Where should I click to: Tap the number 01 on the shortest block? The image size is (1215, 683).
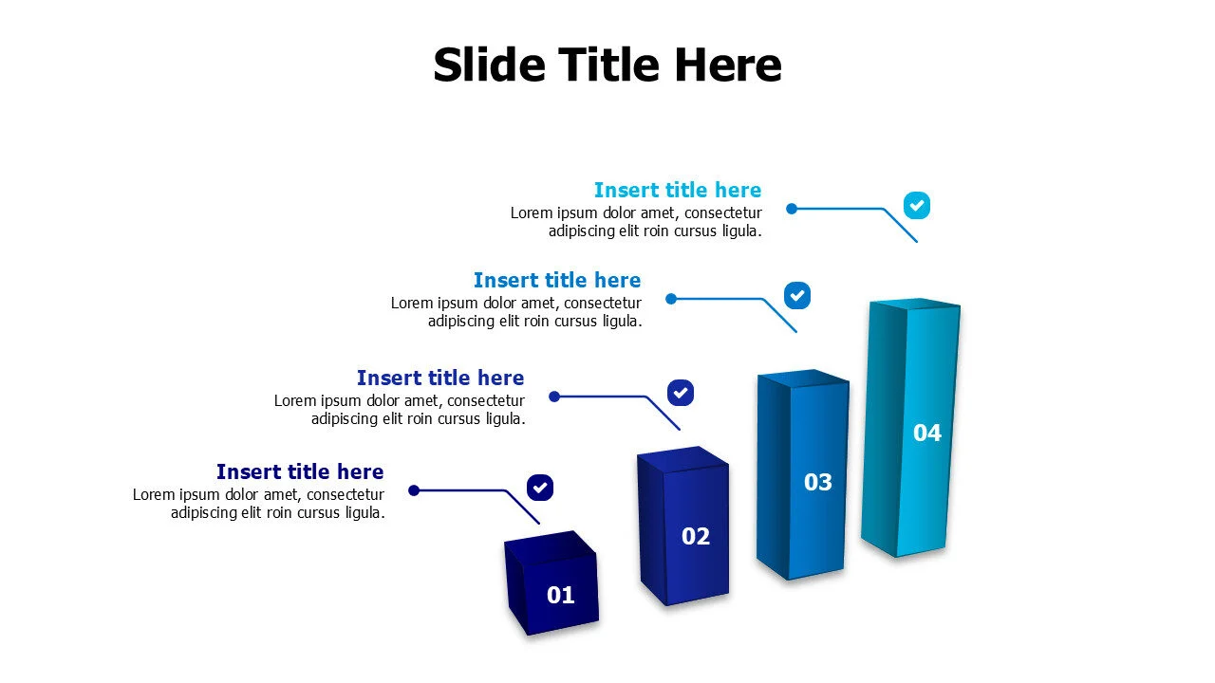pos(561,595)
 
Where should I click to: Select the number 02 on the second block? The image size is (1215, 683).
pos(696,537)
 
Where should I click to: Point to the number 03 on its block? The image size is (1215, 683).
pos(817,482)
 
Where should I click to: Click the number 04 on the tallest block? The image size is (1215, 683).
pos(926,433)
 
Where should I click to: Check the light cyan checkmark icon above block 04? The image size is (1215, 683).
pos(917,205)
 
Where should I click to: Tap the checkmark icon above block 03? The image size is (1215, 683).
pos(797,295)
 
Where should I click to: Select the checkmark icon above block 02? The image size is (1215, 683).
pos(681,392)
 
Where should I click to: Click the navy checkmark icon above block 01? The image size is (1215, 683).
pos(540,488)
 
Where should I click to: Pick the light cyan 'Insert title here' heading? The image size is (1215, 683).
pos(678,190)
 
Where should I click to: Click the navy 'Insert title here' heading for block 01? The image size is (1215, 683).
pos(300,471)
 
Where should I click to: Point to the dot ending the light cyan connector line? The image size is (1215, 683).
pos(792,209)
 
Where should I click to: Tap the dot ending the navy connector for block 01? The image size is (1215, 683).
pos(414,490)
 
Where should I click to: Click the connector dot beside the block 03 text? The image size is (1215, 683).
pos(671,299)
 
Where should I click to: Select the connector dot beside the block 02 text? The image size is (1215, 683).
pos(554,397)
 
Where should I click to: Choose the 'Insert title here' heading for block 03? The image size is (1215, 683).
pos(557,280)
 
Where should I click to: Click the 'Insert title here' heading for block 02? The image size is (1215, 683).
pos(440,378)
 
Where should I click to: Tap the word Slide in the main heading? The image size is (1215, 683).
pos(489,65)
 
